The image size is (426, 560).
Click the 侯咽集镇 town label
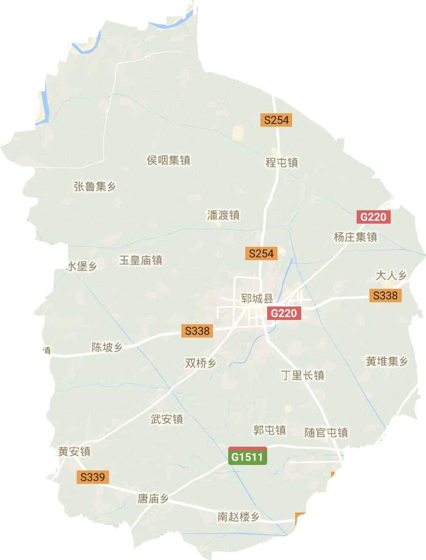169,160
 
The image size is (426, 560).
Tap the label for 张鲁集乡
94,186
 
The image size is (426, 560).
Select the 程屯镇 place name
281,163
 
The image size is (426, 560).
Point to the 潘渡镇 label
223,214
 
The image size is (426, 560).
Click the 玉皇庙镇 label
140,260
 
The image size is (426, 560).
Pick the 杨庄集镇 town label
355,237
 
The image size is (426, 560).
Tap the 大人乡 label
391,275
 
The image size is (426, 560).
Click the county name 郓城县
257,300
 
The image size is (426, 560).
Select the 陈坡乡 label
106,347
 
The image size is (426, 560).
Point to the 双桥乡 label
200,363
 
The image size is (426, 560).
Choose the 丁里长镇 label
302,375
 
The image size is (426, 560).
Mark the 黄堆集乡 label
386,361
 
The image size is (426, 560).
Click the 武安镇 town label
167,419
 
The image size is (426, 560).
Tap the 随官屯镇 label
326,433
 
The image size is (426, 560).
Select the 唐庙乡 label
152,499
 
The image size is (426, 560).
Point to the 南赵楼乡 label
239,517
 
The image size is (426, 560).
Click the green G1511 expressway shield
248,456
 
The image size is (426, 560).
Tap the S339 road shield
93,478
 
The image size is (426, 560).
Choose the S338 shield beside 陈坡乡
197,331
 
